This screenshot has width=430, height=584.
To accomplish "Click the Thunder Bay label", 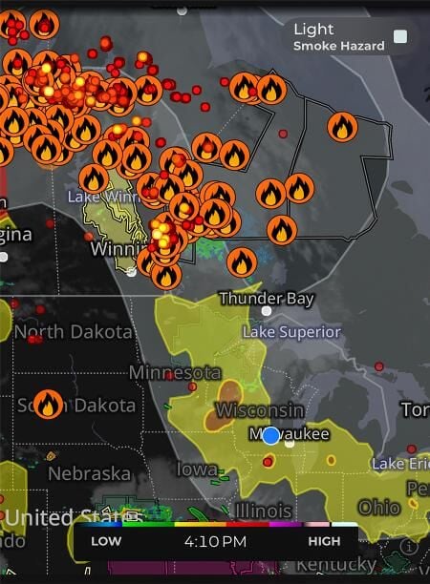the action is coord(267,299).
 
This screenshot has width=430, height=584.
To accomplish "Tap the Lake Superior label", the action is coord(291,332).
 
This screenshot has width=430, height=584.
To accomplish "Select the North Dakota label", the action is coord(73,333).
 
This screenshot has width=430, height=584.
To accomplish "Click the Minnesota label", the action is coord(175,371).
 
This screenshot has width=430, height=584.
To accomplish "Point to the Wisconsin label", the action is coord(260,410).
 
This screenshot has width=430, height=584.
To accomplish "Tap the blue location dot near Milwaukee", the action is coord(270,435).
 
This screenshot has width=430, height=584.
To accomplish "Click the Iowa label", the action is coord(196,469).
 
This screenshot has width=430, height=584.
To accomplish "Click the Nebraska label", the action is coord(89,473).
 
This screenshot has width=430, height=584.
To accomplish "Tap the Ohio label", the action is coord(379,507).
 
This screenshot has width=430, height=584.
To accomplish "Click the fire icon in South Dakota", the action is coord(48,403).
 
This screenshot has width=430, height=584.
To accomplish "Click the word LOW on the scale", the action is coord(106,542).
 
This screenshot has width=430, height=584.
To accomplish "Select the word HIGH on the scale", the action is coord(324,542).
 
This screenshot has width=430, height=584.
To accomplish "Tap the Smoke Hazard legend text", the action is coord(338,46).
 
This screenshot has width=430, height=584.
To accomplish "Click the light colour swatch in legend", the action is coord(400,37).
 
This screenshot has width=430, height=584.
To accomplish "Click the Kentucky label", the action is coord(336,565).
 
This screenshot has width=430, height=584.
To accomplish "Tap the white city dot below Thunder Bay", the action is coord(267,311).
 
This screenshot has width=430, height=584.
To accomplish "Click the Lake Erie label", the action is coord(399,464).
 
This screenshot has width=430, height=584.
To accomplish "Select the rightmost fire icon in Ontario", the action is coord(342,125).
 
